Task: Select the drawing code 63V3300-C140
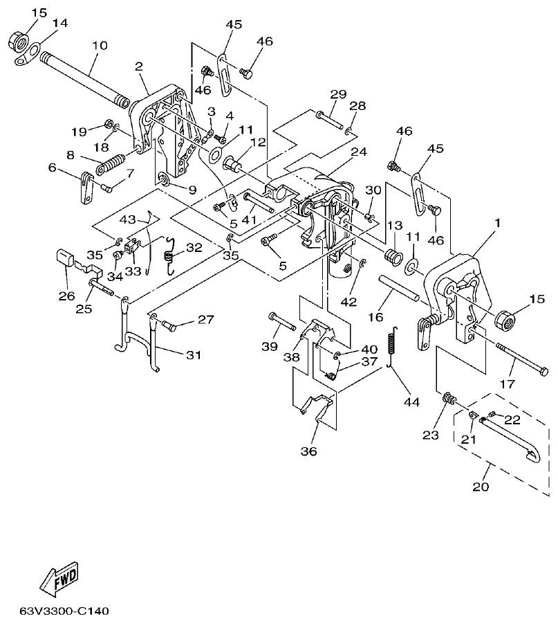pyautogui.click(x=64, y=612)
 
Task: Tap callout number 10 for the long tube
pyautogui.click(x=100, y=46)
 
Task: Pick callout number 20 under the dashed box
pyautogui.click(x=480, y=487)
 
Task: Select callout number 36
pyautogui.click(x=308, y=451)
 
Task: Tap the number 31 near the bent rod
pyautogui.click(x=193, y=355)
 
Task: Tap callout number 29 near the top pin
pyautogui.click(x=337, y=93)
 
